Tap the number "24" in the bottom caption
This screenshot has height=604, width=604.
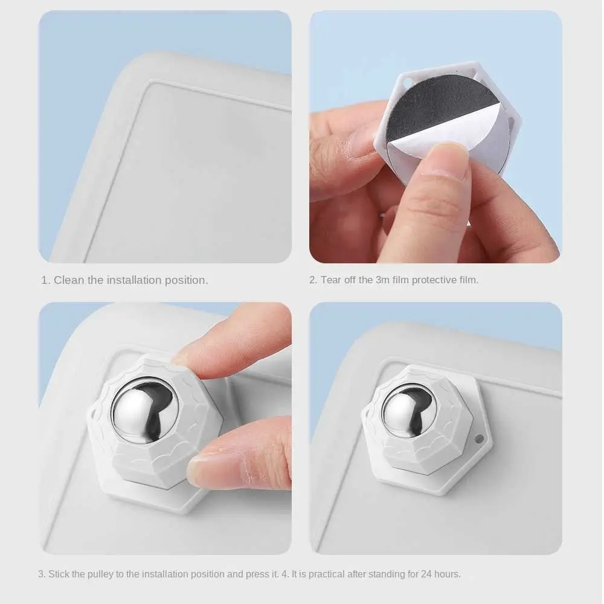click(426, 574)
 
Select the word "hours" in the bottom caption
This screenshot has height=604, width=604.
click(448, 574)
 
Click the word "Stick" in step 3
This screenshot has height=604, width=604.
click(59, 574)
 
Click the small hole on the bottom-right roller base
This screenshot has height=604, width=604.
click(479, 439)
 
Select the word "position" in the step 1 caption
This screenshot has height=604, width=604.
click(187, 280)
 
